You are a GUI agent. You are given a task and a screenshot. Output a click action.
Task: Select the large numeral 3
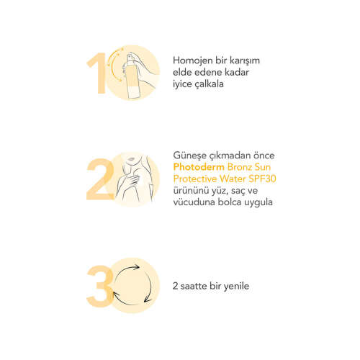(x=99, y=286)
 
